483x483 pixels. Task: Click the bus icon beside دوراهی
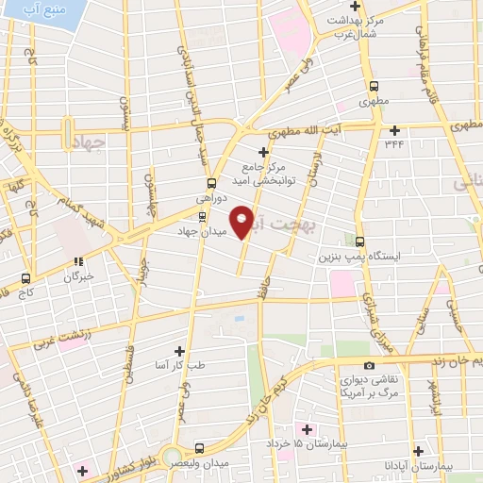[209, 184]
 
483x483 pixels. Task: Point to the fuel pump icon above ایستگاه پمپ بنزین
[359, 241]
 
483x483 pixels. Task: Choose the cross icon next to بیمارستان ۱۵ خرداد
[304, 429]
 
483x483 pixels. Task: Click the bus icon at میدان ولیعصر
[199, 448]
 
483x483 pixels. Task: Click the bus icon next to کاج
[25, 278]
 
